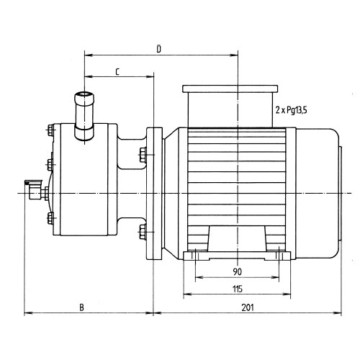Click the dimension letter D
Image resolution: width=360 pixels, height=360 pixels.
[x=158, y=49]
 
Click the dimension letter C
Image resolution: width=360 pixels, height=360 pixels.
[x=117, y=72]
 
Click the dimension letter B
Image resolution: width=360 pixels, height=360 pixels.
[x=82, y=307]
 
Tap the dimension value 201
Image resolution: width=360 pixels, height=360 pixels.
[x=248, y=307]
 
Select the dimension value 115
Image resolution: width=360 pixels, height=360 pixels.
[x=238, y=289]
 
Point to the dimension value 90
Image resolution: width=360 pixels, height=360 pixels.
[x=238, y=272]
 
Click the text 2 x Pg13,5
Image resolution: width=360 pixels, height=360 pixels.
[x=291, y=110]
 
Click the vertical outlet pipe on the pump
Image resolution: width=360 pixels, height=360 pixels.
[x=84, y=116]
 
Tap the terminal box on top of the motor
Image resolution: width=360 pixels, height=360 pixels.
[x=230, y=106]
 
